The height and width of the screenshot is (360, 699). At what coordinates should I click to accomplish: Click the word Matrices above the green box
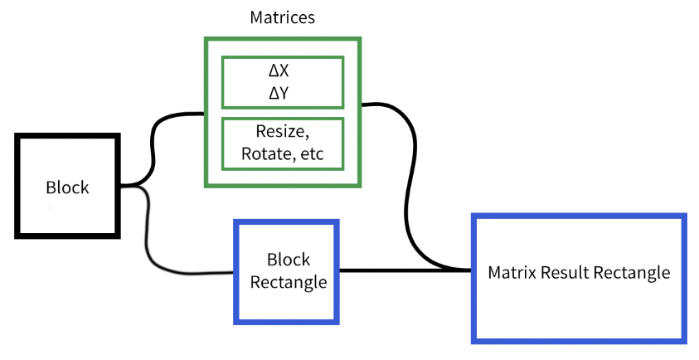click(282, 17)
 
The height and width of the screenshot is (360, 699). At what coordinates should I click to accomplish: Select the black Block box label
click(67, 187)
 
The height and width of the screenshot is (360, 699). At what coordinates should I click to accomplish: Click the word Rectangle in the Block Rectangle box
click(286, 282)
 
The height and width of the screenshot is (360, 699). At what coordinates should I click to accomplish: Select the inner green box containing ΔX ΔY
click(282, 82)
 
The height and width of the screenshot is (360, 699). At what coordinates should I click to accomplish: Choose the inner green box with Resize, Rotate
click(282, 144)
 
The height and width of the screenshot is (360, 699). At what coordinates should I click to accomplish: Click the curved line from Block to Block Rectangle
click(149, 241)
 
